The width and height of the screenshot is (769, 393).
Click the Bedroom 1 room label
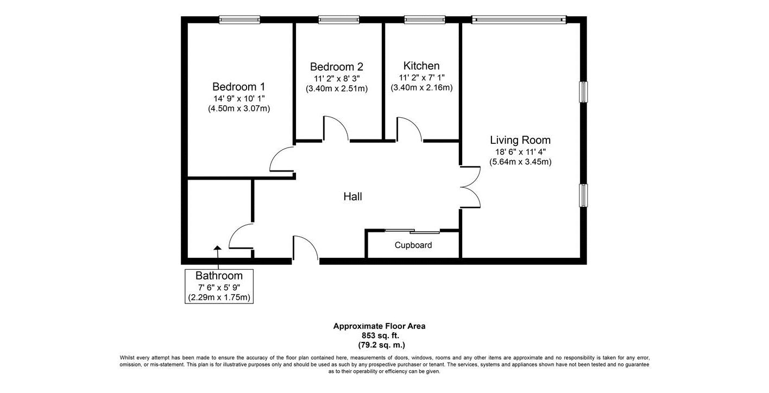[x=238, y=86]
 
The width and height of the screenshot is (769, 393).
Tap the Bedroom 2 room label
[x=337, y=67]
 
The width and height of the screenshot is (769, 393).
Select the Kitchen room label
[x=421, y=66]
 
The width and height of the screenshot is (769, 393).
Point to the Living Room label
[x=520, y=140]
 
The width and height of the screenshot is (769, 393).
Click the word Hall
[x=353, y=196]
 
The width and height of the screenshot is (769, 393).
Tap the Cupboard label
[x=413, y=245]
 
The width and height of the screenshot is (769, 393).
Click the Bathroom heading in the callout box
[x=219, y=276]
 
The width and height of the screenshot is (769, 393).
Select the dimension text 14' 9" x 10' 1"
[x=239, y=99]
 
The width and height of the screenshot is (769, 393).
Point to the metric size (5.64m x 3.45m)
[x=520, y=162]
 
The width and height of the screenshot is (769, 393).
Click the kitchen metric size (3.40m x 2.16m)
[x=421, y=88]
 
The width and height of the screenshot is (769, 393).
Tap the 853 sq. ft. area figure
[x=380, y=335]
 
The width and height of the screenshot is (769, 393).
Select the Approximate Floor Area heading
[x=380, y=326]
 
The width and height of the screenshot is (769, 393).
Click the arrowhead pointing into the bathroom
[x=218, y=248]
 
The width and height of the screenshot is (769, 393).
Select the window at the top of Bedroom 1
[x=239, y=20]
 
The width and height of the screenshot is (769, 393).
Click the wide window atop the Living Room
[x=519, y=20]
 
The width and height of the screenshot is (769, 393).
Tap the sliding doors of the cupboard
[x=412, y=231]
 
